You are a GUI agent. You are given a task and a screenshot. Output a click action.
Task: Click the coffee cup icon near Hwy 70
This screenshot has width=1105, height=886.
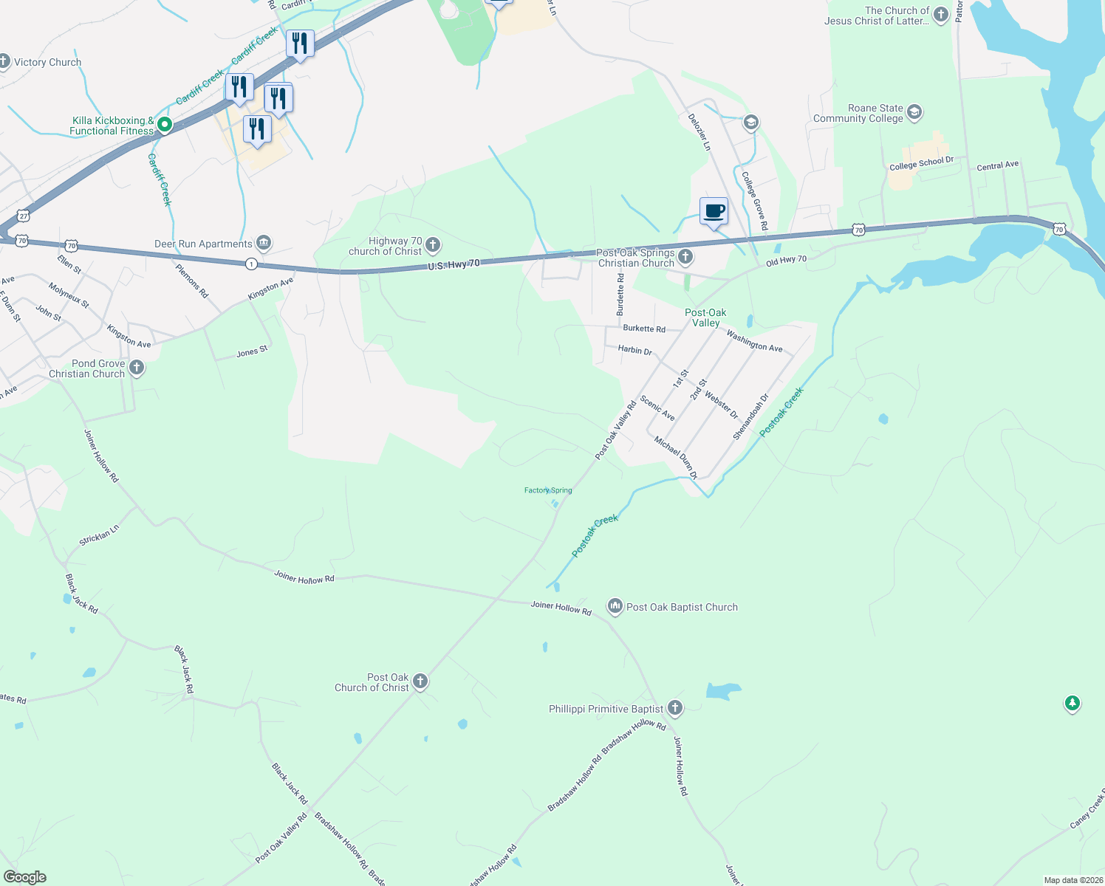point(714,211)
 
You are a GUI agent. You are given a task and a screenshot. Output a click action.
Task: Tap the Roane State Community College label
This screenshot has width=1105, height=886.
point(858,113)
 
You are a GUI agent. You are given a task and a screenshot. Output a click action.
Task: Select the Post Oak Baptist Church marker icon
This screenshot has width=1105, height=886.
point(615,607)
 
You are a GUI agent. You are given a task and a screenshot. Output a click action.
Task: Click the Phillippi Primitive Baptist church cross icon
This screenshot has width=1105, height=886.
point(674,708)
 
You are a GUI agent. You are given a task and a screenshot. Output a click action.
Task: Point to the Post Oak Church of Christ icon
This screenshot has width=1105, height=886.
point(420,681)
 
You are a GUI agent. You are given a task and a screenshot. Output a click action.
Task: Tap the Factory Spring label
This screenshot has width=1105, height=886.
point(548,490)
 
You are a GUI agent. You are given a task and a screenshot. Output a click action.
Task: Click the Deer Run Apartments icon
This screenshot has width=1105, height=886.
point(264,243)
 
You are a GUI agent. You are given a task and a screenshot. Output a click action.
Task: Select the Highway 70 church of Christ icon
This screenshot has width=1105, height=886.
point(433,245)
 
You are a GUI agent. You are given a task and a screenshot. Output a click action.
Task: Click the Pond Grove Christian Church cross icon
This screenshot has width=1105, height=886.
point(136,368)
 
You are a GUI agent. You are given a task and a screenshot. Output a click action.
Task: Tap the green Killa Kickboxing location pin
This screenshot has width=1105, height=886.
point(165,126)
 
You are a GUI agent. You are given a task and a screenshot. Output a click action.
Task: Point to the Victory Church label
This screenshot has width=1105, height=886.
point(48,63)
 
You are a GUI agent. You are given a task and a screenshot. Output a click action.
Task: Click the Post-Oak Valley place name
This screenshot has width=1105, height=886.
point(705,317)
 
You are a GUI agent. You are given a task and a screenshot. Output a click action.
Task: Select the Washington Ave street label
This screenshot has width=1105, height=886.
point(754,342)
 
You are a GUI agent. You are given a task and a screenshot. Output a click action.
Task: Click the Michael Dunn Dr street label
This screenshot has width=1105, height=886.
point(675,457)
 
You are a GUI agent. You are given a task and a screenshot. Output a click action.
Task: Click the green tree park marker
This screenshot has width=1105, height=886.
point(1072,703)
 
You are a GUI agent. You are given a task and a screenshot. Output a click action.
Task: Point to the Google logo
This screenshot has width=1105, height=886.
point(24,876)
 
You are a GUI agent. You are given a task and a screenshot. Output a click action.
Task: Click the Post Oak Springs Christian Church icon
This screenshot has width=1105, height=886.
point(685,257)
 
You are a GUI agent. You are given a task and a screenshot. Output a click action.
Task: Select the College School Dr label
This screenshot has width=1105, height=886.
point(921,163)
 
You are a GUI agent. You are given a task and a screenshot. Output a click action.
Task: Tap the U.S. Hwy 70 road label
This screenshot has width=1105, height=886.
point(454,264)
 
